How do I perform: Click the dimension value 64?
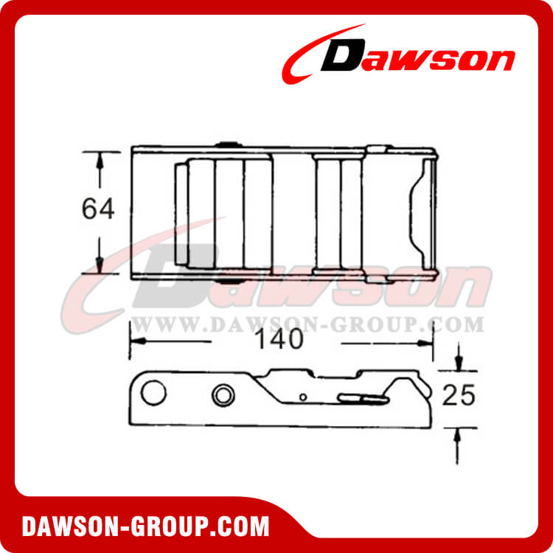click(x=98, y=209)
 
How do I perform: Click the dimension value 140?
click(x=279, y=339)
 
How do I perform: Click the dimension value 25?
click(x=459, y=394)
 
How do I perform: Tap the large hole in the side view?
click(x=153, y=392)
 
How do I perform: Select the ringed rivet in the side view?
click(x=223, y=395)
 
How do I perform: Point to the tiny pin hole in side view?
click(x=302, y=397)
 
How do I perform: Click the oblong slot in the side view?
click(x=364, y=398)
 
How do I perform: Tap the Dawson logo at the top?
click(x=398, y=54)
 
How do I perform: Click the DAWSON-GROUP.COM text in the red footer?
click(x=145, y=526)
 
